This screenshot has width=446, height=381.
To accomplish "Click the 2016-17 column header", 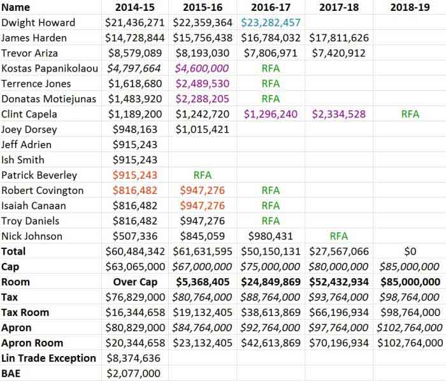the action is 271,7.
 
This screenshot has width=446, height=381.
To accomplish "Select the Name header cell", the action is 15,7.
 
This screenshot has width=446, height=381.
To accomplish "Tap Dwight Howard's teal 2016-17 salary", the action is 271,22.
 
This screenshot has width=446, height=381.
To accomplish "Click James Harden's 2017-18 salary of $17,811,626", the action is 339,38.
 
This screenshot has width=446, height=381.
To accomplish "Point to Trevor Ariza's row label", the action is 29,53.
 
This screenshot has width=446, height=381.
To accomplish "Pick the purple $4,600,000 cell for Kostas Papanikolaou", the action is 202,68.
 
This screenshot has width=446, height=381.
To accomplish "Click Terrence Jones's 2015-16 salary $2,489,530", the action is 202,84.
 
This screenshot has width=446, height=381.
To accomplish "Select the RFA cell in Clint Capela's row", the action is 410,114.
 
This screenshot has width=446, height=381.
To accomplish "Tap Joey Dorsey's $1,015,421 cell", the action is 202,130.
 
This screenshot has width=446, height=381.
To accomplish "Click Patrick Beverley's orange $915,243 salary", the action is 135,175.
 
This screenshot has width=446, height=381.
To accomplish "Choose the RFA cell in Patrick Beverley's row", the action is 202,175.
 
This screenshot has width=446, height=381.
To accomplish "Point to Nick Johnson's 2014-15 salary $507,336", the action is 135,236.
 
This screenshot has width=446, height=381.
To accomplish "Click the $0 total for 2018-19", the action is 410,251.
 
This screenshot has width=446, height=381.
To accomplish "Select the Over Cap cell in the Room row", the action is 135,282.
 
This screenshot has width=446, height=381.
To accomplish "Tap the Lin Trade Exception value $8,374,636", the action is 134,358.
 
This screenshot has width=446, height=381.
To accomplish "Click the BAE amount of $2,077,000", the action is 134,373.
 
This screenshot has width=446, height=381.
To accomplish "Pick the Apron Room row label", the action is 32,343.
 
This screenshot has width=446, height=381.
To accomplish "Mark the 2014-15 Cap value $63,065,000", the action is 135,267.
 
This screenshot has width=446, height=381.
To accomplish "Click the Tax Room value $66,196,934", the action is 339,312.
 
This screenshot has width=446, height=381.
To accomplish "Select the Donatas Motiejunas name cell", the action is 48,99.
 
